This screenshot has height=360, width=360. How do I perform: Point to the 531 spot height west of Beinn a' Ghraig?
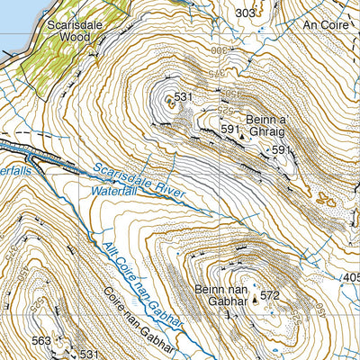click(x=184, y=97)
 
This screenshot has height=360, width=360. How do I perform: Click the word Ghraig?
click(x=267, y=132)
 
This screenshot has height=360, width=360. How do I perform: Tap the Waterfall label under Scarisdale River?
click(x=115, y=192)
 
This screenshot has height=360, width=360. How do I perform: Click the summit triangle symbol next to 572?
click(x=254, y=303)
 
